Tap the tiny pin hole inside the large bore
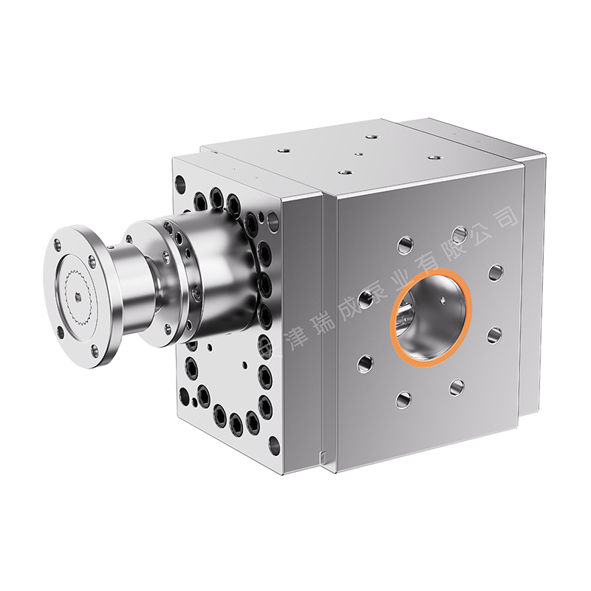pyautogui.click(x=442, y=300)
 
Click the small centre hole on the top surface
pyautogui.click(x=358, y=155)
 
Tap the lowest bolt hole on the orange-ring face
pyautogui.click(x=403, y=400)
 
